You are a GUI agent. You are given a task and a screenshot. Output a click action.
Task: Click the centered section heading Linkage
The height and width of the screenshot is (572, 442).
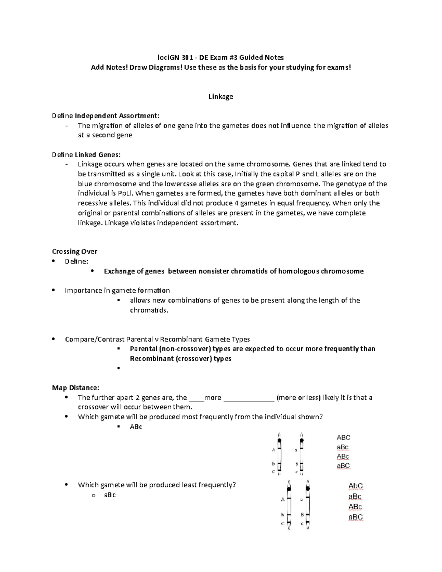[x=221, y=96]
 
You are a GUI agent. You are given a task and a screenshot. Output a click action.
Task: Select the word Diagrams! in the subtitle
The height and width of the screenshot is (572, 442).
[x=164, y=67]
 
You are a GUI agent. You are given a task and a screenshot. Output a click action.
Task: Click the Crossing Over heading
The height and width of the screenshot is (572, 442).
[x=74, y=252]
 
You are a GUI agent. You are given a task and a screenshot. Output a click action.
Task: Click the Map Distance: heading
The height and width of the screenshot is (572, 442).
[x=76, y=388]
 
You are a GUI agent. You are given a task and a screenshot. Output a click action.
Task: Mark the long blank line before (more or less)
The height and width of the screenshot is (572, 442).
[x=249, y=398]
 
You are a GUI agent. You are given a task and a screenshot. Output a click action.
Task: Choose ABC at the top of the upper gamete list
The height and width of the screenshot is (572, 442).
[x=343, y=438]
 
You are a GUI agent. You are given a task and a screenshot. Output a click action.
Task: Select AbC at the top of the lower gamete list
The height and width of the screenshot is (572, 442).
[x=355, y=486]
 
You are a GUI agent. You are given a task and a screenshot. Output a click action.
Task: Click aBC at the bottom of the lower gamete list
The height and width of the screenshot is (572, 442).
[x=355, y=517]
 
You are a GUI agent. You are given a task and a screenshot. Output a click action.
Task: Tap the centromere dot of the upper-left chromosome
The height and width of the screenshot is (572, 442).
[x=280, y=440]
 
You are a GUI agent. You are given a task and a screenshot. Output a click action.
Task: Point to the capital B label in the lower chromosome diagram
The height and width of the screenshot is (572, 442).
[x=302, y=515]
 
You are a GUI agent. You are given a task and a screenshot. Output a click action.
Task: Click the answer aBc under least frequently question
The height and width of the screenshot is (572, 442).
[x=110, y=495]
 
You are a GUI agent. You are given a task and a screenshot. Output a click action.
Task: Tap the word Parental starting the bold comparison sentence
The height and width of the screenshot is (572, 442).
[x=144, y=349]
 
